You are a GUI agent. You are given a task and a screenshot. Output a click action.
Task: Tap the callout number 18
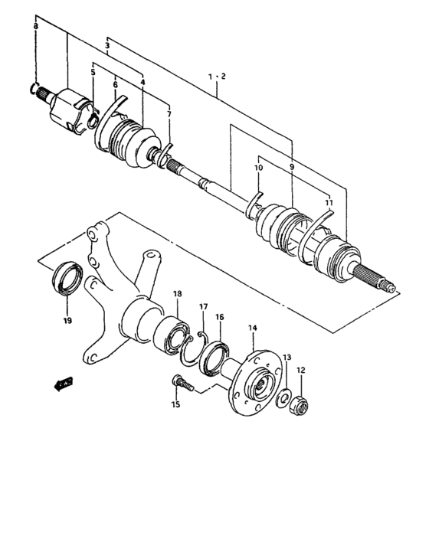tap(177, 294)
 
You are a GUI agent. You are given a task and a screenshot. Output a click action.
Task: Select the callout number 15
tap(175, 404)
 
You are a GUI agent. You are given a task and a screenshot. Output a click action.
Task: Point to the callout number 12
tap(301, 371)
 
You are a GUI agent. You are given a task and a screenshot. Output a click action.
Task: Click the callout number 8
tap(35, 27)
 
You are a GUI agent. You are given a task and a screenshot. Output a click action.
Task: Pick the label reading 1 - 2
tap(217, 76)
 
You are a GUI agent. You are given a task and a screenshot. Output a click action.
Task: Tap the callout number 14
tap(253, 328)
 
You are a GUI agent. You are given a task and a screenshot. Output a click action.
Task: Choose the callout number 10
tap(259, 167)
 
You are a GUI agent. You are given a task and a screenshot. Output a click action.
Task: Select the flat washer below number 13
tap(283, 398)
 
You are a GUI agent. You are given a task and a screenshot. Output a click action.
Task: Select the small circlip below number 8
tap(34, 90)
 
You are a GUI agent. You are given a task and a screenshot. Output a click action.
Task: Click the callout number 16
tap(219, 316)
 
